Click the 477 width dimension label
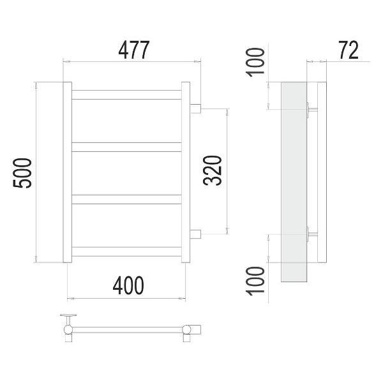133,50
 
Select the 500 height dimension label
22,173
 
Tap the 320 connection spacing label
213,170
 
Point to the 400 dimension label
128,285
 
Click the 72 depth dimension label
349,50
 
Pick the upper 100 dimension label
255,63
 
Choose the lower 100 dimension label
255,281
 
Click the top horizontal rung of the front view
126,94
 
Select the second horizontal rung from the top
126,147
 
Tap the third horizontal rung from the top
126,199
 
